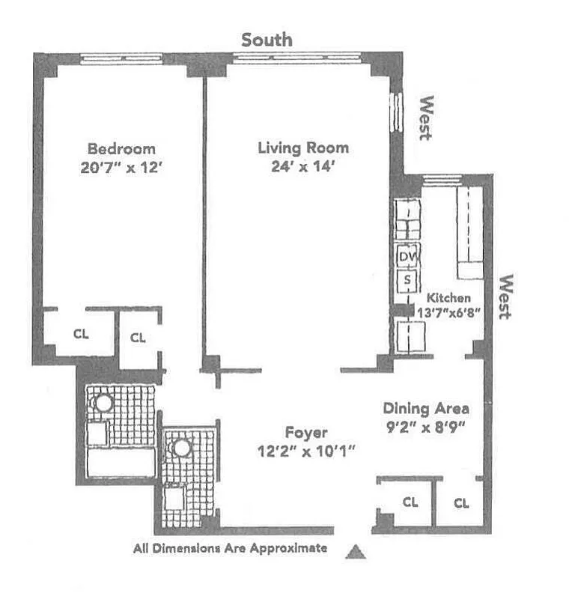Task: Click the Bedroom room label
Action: coord(121,148)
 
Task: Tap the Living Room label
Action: coord(303,148)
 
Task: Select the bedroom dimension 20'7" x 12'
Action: coord(121,168)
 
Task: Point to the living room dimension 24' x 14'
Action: coord(303,167)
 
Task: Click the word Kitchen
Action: coord(449,298)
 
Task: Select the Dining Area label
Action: coord(426,409)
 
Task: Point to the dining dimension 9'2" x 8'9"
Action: coord(426,431)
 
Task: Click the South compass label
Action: coord(267,40)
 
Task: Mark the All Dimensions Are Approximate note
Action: coord(230,548)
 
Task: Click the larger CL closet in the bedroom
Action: coord(81,335)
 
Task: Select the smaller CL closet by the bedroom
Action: coord(138,338)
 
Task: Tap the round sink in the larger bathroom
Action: coord(103,403)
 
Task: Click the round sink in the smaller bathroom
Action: coord(181,449)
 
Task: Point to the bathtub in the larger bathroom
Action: coord(121,463)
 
